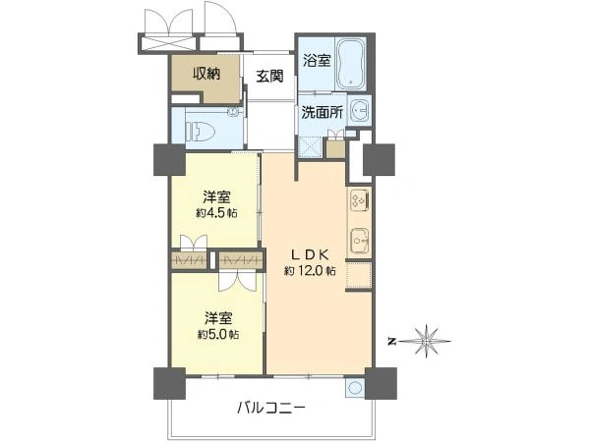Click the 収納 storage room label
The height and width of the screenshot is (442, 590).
tap(205, 73)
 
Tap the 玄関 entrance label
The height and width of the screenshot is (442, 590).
tap(270, 77)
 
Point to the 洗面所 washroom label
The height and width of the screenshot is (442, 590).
tap(323, 113)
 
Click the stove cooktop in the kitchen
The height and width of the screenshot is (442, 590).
tap(357, 199)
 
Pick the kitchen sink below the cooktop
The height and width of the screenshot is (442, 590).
tap(358, 239)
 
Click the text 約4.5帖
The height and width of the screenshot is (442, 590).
tap(216, 213)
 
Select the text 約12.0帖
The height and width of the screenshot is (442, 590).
tap(310, 270)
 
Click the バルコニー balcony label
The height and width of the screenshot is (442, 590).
tap(270, 406)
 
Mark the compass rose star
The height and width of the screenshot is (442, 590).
tap(428, 341)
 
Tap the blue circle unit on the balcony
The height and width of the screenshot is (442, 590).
tap(354, 387)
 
